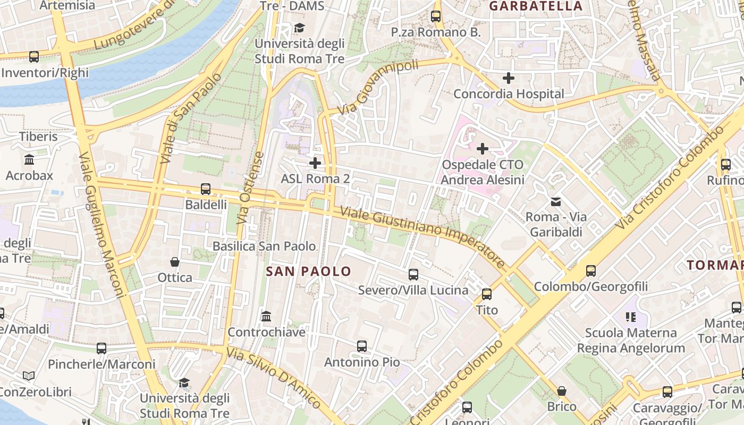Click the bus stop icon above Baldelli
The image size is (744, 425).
pyautogui.click(x=205, y=189)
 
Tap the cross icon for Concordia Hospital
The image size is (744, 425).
pyautogui.click(x=509, y=78)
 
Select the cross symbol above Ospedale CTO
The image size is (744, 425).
pyautogui.click(x=483, y=149)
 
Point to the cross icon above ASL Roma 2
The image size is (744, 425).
pyautogui.click(x=315, y=163)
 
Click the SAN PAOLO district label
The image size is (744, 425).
pyautogui.click(x=308, y=271)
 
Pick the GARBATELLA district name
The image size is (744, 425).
pyautogui.click(x=536, y=6)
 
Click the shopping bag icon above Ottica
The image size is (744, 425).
pyautogui.click(x=175, y=262)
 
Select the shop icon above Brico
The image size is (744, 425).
pyautogui.click(x=562, y=392)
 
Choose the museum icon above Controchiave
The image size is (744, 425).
pyautogui.click(x=266, y=317)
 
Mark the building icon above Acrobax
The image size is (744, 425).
pyautogui.click(x=29, y=160)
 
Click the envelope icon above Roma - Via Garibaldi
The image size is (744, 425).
pyautogui.click(x=556, y=201)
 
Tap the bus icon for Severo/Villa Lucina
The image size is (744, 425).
pyautogui.click(x=413, y=275)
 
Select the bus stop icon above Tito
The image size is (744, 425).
pyautogui.click(x=486, y=294)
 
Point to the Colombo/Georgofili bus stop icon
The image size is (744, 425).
pyautogui.click(x=590, y=271)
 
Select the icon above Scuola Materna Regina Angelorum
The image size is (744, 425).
pyautogui.click(x=631, y=317)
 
